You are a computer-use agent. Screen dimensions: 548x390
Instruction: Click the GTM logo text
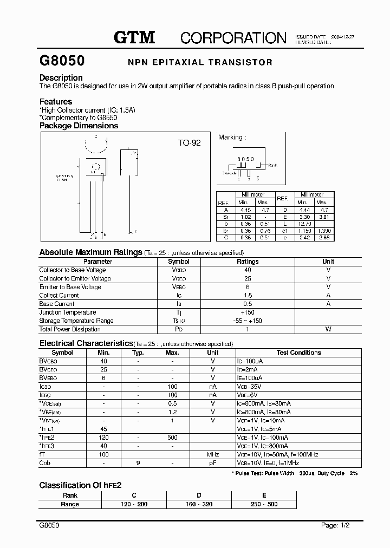[134, 37]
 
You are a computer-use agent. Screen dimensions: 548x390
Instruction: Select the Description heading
[61, 77]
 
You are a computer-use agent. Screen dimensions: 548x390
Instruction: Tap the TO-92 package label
[190, 143]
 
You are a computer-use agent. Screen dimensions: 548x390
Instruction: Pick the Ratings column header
[248, 261]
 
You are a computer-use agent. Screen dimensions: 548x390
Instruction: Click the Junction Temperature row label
[68, 312]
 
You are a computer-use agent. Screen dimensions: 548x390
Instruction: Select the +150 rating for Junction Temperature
[248, 312]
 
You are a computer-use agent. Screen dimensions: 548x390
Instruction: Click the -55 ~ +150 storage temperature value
[248, 321]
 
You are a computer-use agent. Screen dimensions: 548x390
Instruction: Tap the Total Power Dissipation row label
[70, 329]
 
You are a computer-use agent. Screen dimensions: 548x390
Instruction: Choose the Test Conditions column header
[298, 353]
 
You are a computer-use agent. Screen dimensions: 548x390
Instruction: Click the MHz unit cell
[213, 455]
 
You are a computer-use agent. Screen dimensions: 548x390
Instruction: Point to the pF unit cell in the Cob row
[213, 463]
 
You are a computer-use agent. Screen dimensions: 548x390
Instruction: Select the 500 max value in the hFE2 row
[172, 438]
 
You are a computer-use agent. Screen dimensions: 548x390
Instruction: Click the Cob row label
[45, 463]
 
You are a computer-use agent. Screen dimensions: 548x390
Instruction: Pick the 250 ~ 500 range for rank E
[263, 504]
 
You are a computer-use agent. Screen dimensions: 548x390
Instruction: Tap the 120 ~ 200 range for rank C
[134, 504]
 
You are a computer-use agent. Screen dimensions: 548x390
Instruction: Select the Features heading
[56, 101]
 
